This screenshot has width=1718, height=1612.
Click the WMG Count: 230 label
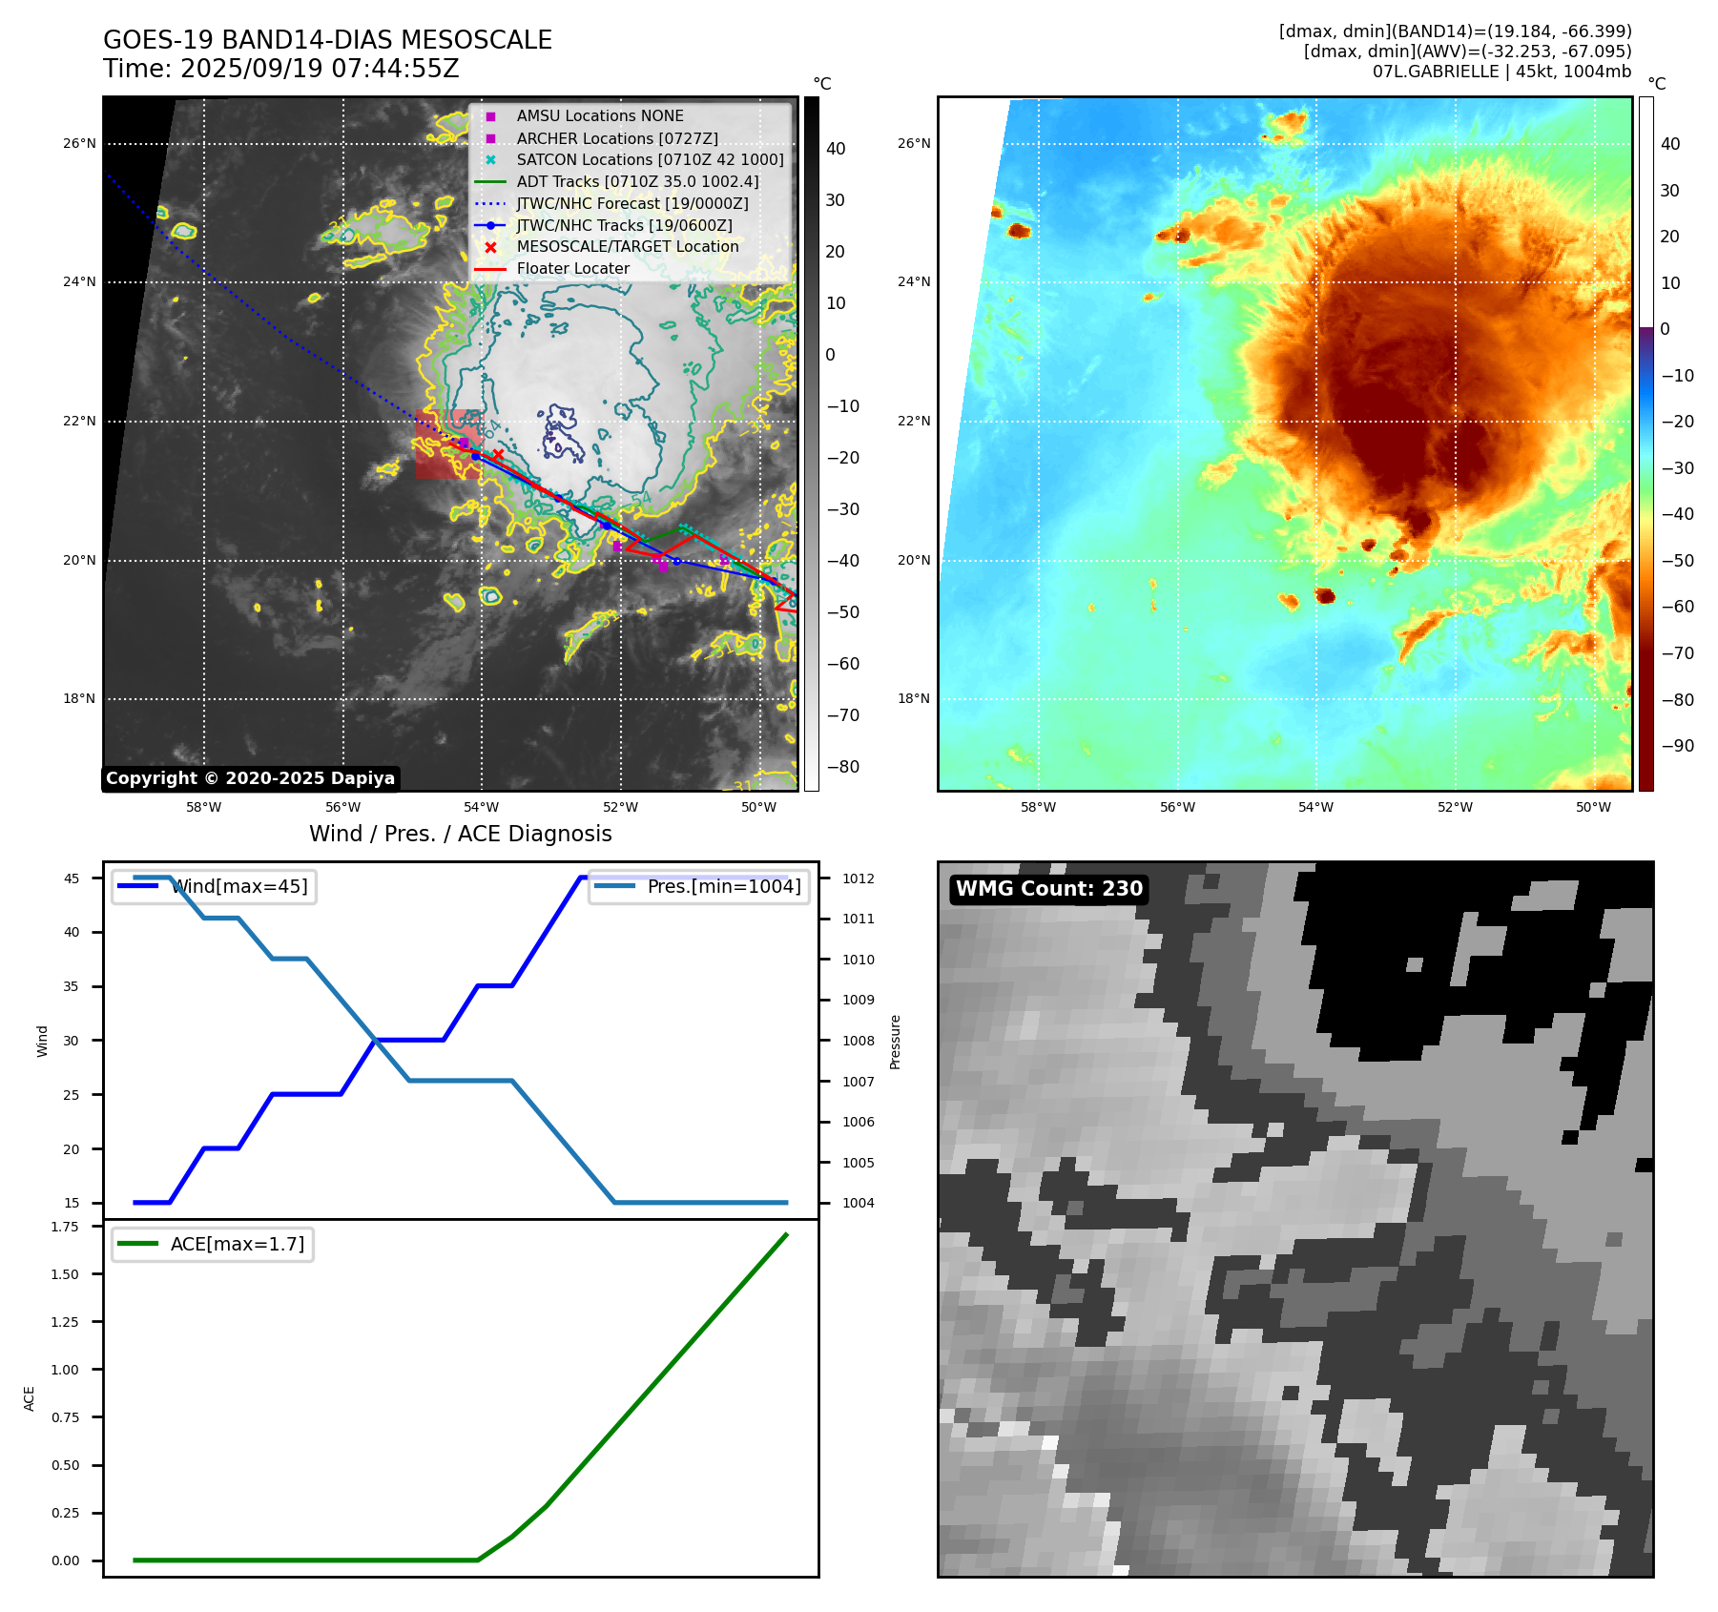(1048, 889)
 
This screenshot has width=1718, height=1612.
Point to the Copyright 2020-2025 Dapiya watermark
(250, 778)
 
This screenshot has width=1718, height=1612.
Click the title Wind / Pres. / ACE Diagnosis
(460, 834)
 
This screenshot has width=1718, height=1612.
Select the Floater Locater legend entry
(572, 269)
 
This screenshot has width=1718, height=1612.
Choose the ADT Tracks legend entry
(637, 181)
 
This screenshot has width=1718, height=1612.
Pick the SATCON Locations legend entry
(650, 159)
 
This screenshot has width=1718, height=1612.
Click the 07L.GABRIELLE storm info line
(1501, 72)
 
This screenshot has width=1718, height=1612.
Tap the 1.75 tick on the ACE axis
(65, 1227)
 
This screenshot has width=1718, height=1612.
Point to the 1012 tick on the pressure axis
(858, 878)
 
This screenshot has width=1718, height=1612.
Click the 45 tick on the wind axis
(72, 878)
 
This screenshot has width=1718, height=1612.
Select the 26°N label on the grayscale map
(79, 144)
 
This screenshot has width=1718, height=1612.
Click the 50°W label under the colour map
(1593, 807)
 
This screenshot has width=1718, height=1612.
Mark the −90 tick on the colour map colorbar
(1677, 746)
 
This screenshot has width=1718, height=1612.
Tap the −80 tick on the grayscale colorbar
(842, 767)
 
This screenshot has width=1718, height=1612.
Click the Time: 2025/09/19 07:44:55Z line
(281, 69)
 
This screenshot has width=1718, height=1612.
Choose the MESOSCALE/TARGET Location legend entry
(627, 247)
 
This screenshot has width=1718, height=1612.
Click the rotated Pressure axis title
(895, 1042)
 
